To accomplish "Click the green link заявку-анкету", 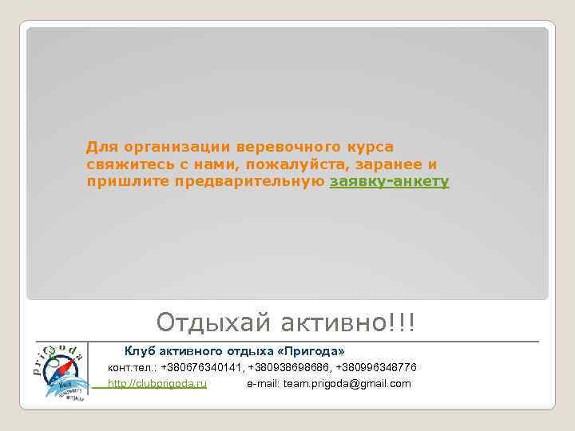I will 390,182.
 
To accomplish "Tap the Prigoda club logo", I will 61,371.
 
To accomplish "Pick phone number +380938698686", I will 289,367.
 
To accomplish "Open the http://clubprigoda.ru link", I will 157,384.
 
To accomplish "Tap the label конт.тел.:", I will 133,367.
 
